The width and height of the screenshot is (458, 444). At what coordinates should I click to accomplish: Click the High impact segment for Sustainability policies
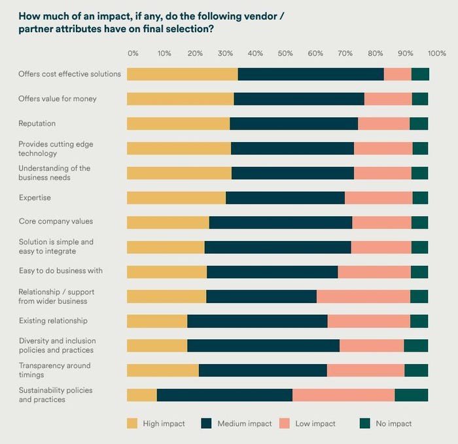click(x=142, y=395)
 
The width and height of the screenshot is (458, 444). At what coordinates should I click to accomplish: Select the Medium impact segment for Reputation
click(x=294, y=124)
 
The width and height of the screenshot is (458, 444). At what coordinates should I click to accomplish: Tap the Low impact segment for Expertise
click(x=378, y=198)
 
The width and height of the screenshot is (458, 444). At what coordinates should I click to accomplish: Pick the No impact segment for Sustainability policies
click(x=411, y=395)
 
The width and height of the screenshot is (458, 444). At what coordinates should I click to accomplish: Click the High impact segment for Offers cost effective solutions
click(x=182, y=74)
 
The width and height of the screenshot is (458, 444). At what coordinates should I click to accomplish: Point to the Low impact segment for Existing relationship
click(x=368, y=321)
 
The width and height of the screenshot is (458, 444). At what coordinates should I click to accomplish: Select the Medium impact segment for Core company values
click(x=280, y=223)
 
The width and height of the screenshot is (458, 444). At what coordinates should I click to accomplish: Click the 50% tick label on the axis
click(x=285, y=53)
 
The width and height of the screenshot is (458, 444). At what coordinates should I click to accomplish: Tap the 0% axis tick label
click(x=133, y=53)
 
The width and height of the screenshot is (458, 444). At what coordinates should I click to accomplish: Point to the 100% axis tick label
click(x=436, y=53)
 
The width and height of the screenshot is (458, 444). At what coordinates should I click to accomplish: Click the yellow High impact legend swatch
click(x=133, y=424)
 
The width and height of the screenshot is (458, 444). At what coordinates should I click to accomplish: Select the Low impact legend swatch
click(x=285, y=424)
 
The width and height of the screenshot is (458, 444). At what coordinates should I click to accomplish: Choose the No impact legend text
click(x=393, y=424)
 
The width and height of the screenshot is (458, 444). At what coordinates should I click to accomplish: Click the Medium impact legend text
click(x=245, y=424)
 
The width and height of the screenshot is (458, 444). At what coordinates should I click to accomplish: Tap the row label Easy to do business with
click(x=60, y=271)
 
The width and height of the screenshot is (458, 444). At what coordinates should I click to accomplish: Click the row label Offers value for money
click(x=58, y=99)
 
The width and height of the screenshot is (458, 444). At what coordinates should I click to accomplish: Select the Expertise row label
click(x=35, y=198)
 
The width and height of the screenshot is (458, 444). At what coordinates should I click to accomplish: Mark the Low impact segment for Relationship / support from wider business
click(x=363, y=296)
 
